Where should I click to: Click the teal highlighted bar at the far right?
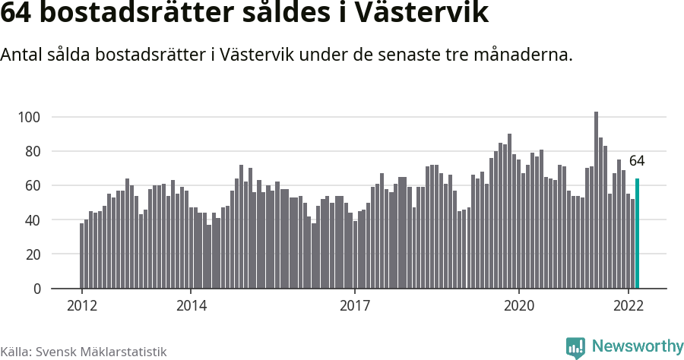point(637,234)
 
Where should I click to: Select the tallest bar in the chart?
point(596,201)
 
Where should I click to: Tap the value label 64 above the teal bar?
point(637,161)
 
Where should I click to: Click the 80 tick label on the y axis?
point(32,151)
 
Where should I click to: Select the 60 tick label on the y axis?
point(32,185)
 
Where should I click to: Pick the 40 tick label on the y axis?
point(32,220)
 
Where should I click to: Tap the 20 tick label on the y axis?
point(32,254)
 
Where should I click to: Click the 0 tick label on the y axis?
point(36,289)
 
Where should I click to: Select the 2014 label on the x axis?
point(191,306)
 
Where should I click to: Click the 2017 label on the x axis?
point(355,306)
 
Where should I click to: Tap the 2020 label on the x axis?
point(519,306)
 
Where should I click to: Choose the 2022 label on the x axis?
point(629,306)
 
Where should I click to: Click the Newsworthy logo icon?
point(575,348)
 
